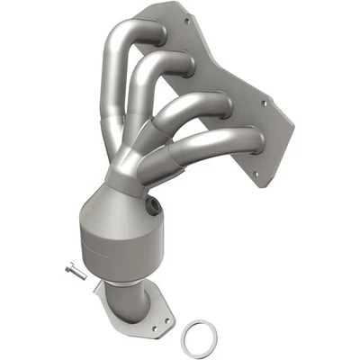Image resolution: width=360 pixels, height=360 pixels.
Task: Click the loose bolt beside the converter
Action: (x=75, y=271)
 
